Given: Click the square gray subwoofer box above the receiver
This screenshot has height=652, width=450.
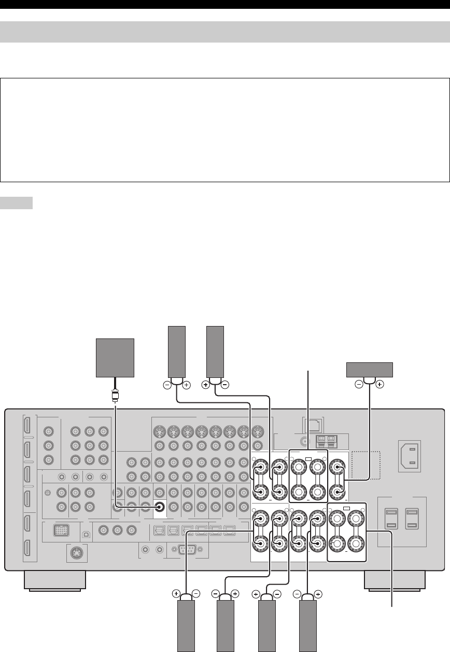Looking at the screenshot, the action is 116,358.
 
